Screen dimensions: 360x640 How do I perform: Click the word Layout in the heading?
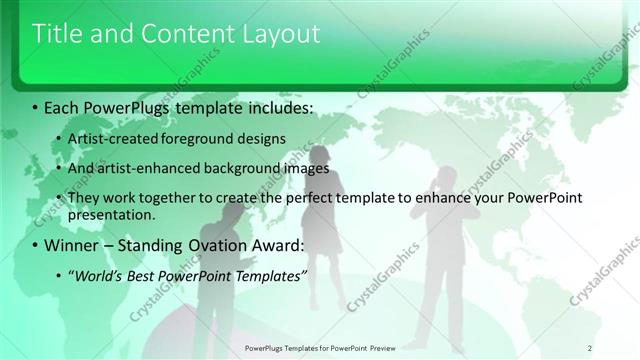click(282, 34)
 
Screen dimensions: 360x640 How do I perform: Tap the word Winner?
click(76, 245)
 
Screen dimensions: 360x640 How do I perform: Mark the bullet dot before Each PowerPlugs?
click(37, 106)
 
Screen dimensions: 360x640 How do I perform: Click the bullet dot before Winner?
click(37, 246)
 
